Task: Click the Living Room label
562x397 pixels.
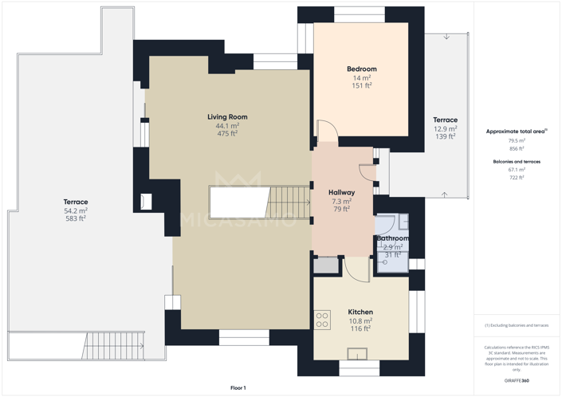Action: coord(227,117)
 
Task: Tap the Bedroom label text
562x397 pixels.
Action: coord(361,69)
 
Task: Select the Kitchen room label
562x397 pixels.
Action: coord(360,312)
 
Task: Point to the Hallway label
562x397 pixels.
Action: coord(341,193)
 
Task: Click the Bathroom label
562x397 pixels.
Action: coord(392,238)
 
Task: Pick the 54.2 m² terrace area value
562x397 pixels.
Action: coord(76,210)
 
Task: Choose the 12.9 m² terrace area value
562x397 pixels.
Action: coord(445,128)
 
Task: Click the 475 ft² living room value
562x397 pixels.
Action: coord(227,134)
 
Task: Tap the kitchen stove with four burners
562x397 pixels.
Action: coord(322,320)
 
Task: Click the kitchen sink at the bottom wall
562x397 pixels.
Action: coord(356,354)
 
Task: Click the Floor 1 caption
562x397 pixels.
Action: coord(238,387)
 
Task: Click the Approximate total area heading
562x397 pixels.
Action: coord(516,131)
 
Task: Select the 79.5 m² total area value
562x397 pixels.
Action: coord(517,140)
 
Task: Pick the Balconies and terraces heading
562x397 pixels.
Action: coord(517,161)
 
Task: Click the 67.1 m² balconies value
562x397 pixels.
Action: coord(517,170)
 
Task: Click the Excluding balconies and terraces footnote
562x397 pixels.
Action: coord(517,325)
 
